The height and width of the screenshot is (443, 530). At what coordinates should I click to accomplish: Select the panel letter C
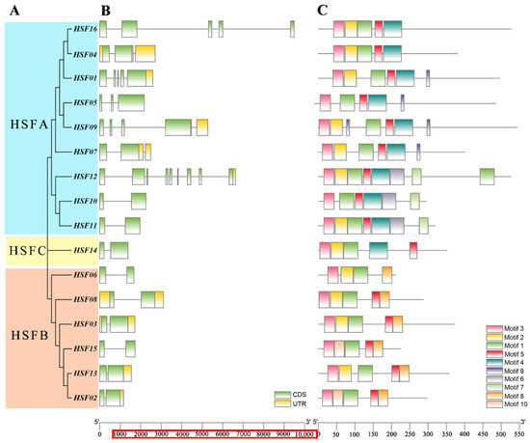point(322,10)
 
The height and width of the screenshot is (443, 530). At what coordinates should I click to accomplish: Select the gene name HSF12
point(84,177)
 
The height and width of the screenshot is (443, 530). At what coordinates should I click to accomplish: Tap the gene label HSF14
point(84,250)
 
